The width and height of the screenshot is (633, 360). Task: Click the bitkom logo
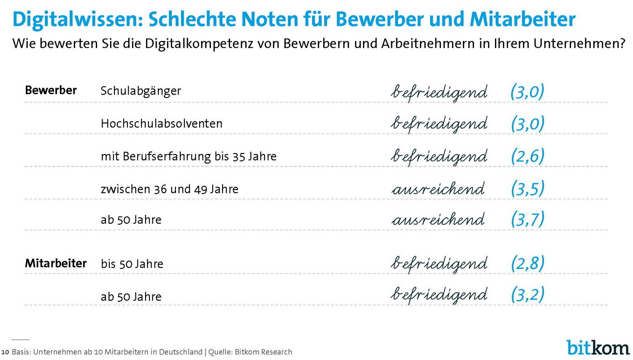[598, 347]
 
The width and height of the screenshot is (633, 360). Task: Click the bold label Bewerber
[51, 90]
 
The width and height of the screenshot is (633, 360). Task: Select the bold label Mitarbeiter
[56, 263]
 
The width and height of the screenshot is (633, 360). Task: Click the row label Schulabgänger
[141, 91]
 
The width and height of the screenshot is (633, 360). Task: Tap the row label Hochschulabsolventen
[162, 124]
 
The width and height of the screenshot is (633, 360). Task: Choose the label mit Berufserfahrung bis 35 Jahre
[189, 157]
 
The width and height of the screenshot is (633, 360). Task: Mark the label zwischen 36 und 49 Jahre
[170, 189]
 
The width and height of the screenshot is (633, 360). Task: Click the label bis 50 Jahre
[132, 264]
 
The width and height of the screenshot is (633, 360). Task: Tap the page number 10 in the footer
[5, 352]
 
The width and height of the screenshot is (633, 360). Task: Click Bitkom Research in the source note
[263, 352]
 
